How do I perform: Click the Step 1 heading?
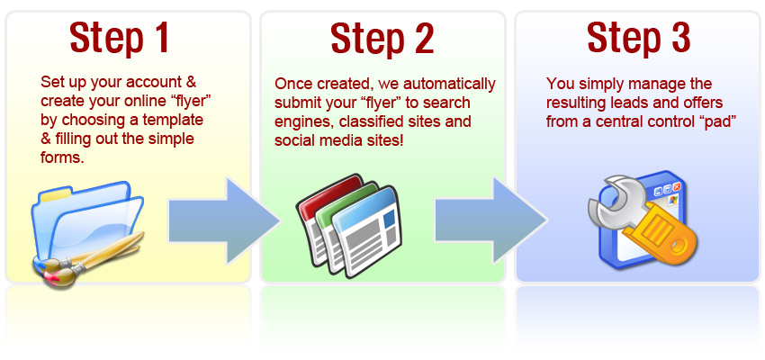(x=120, y=38)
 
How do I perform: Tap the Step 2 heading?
(x=382, y=38)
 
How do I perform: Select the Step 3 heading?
(x=639, y=38)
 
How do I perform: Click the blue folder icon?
(x=88, y=222)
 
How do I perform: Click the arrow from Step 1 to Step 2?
(x=224, y=221)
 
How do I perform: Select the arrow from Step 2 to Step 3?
(x=490, y=221)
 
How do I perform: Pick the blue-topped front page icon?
(x=367, y=231)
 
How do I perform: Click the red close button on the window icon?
(x=677, y=188)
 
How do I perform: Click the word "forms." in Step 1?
(x=62, y=158)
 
